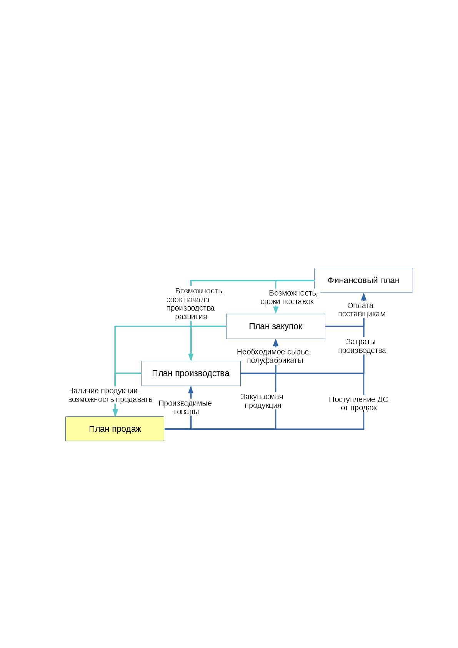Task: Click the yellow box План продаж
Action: (x=115, y=429)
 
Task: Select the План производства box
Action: (x=191, y=374)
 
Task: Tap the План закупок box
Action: (x=276, y=326)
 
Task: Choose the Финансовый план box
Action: (x=363, y=280)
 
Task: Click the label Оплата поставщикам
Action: (x=361, y=309)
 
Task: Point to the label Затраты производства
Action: (x=362, y=346)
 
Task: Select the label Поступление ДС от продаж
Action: (x=358, y=404)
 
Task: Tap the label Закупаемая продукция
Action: (x=262, y=401)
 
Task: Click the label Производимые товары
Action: (x=185, y=408)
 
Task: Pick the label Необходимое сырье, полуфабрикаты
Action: (x=274, y=356)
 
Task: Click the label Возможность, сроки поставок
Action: (x=289, y=297)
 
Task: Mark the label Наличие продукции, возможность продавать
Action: (x=110, y=395)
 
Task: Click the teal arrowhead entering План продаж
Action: (x=115, y=413)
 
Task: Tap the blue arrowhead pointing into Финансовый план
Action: (x=364, y=297)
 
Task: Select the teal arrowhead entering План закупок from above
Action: (x=276, y=310)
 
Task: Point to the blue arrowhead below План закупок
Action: (x=276, y=343)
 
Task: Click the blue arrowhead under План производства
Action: (x=191, y=390)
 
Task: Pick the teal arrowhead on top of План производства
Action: (x=191, y=357)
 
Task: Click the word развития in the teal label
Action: (x=191, y=317)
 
